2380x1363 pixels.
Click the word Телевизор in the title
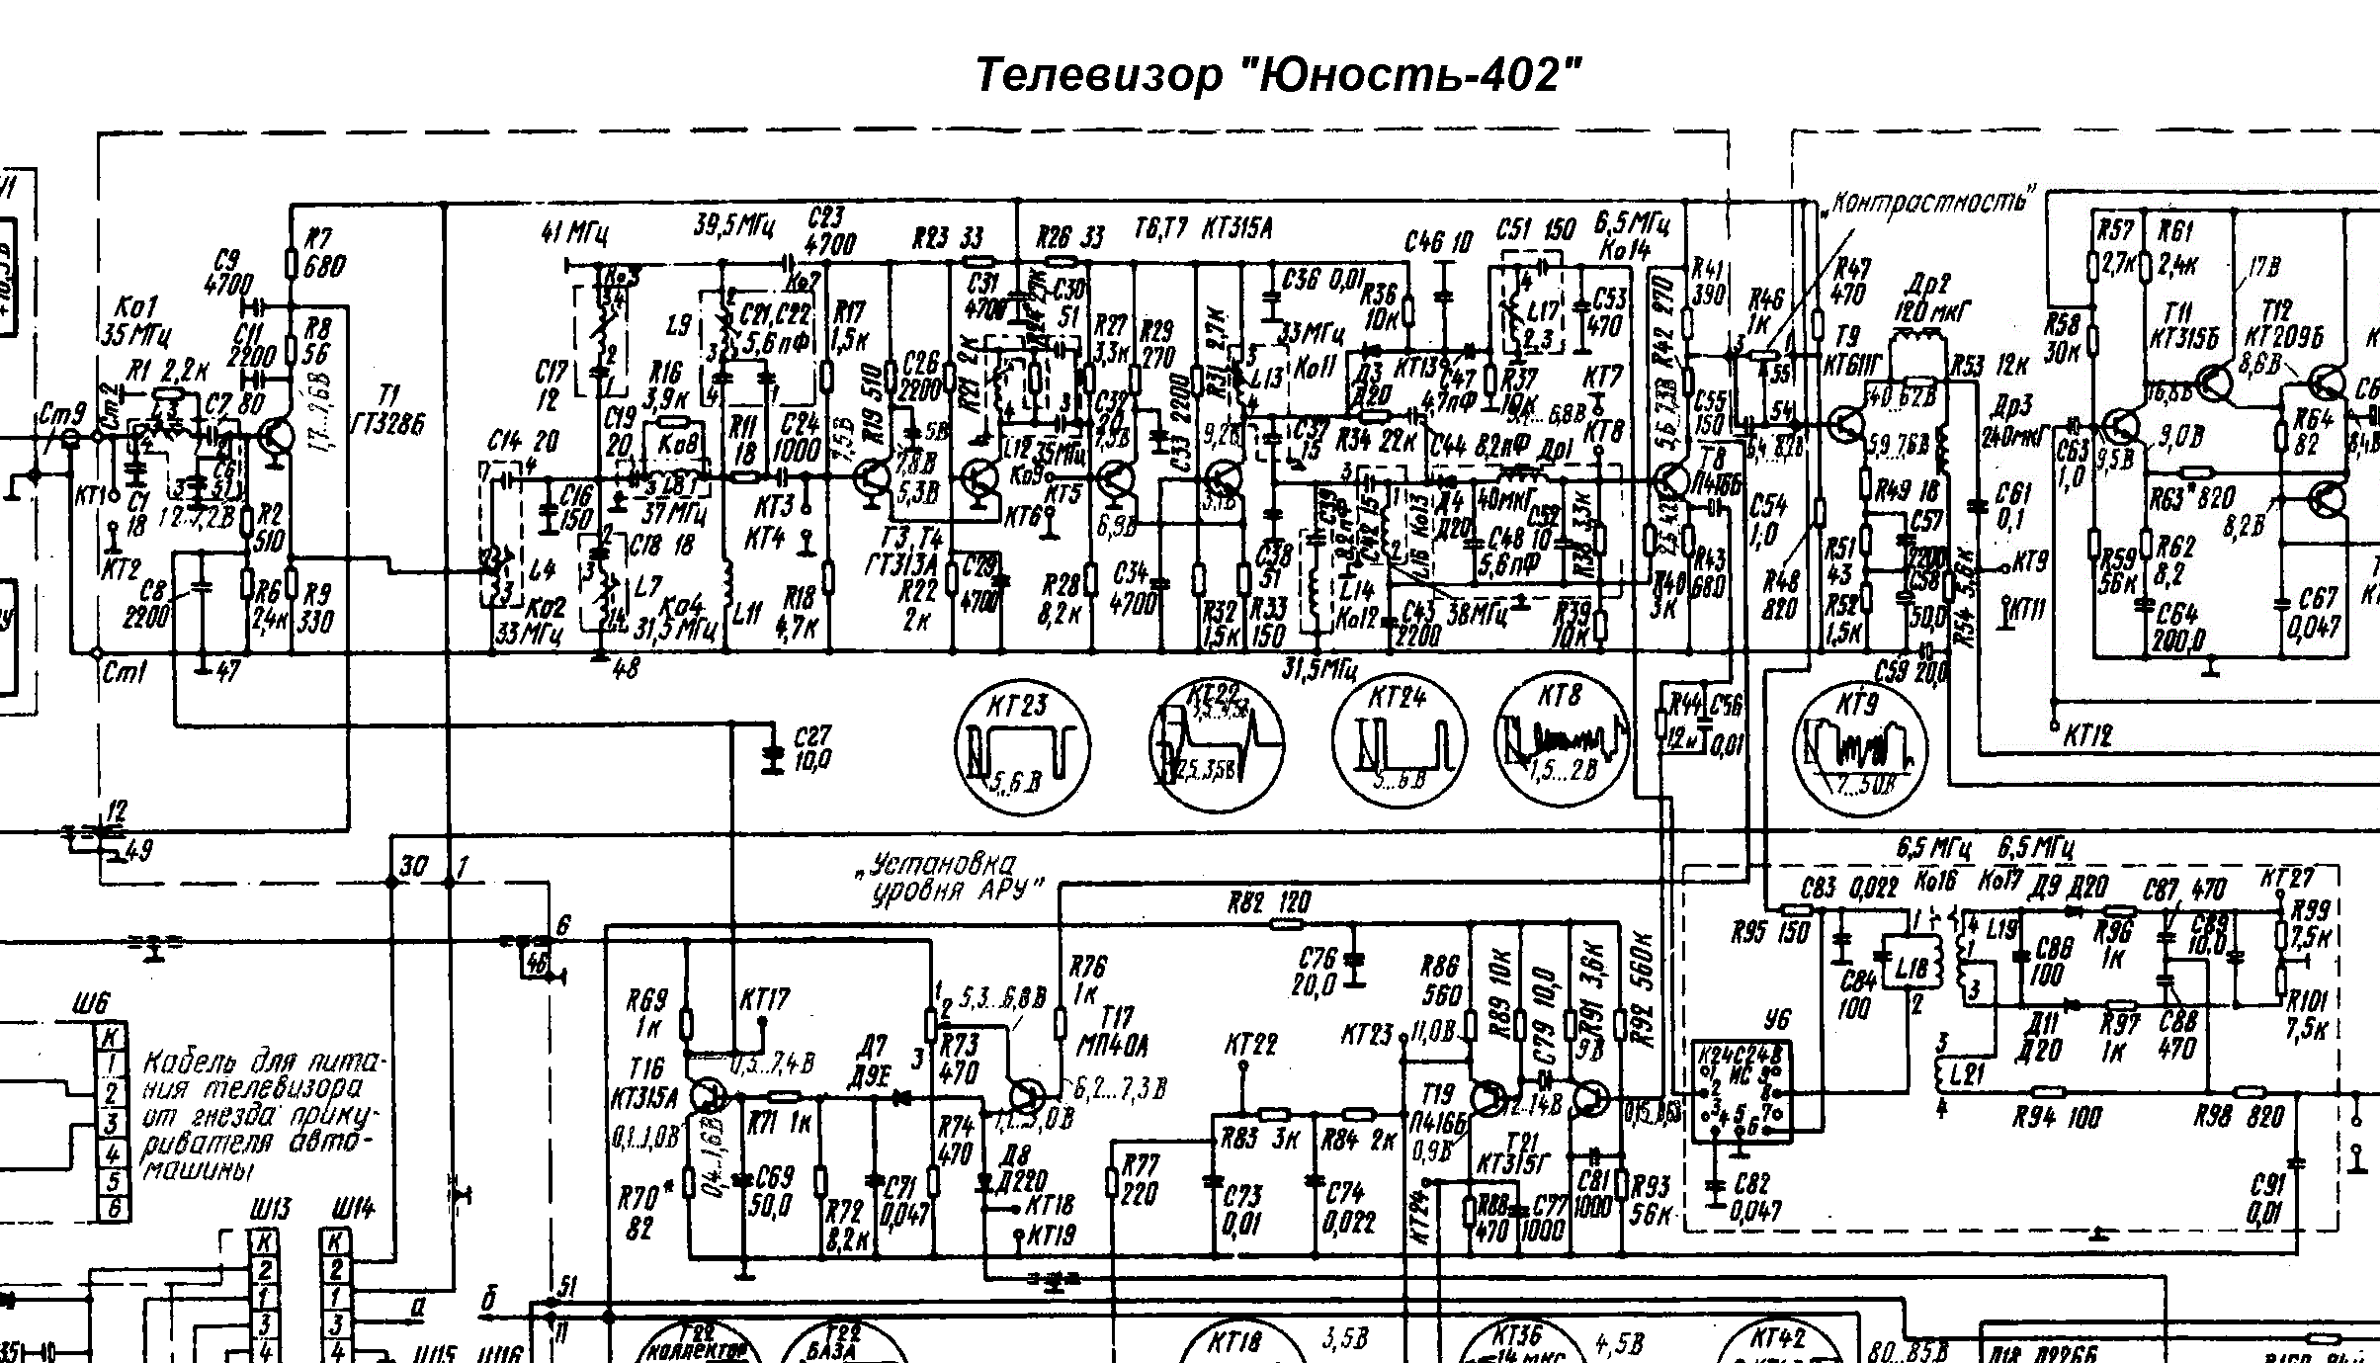[1096, 76]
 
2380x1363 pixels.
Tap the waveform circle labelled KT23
[1022, 746]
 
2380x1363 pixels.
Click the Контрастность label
[1926, 203]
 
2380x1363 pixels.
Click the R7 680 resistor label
[325, 252]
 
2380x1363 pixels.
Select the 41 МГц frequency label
[574, 233]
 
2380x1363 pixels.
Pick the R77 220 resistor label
[1139, 1180]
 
